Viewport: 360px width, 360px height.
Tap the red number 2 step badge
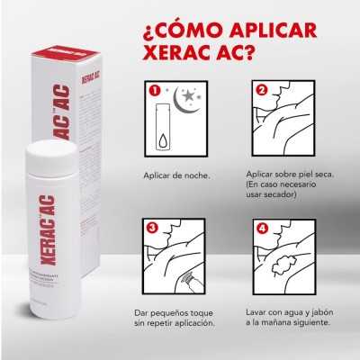261,90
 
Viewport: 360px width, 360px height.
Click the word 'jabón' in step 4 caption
322,311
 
